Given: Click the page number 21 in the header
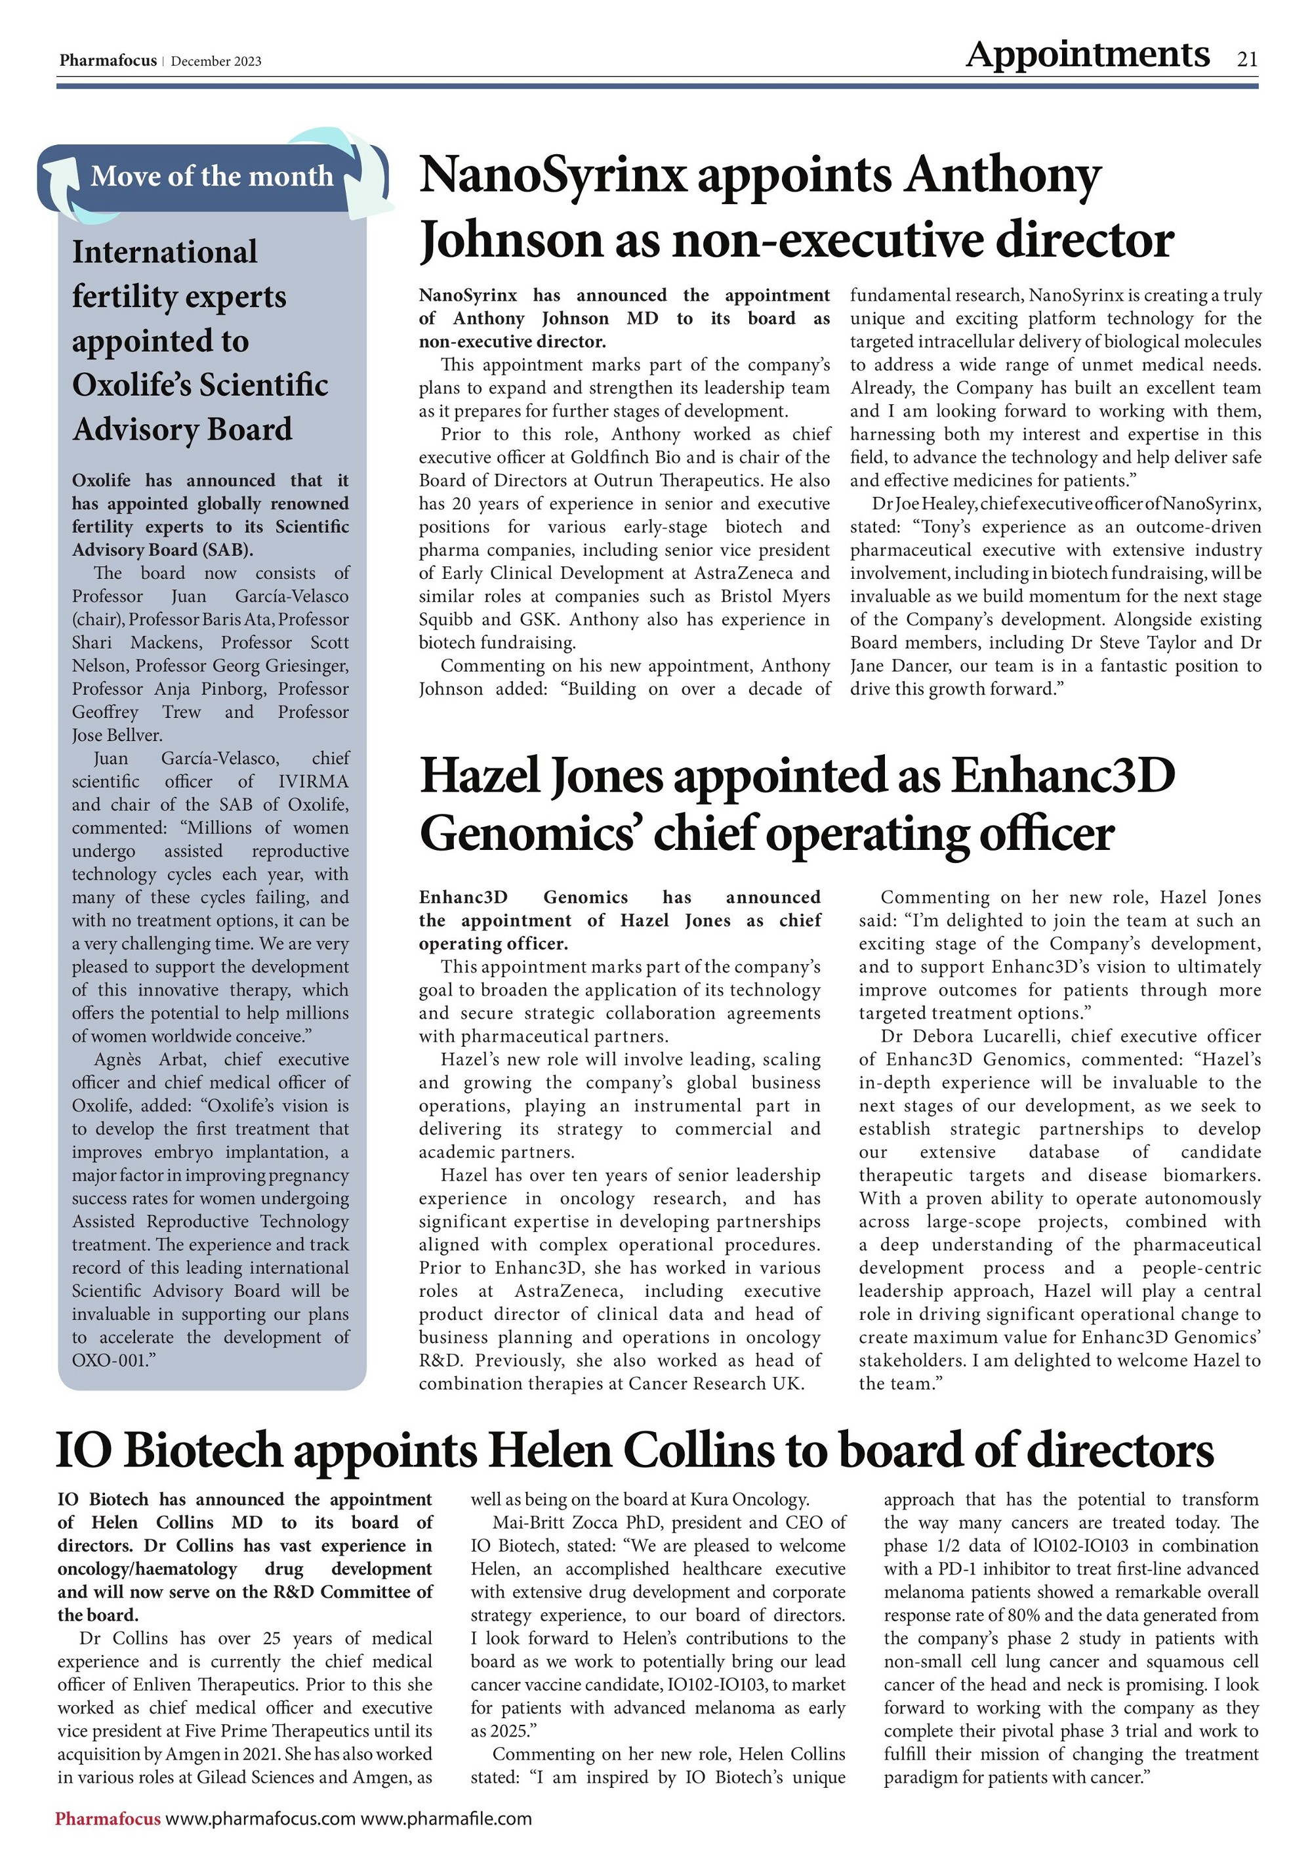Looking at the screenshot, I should pos(1246,59).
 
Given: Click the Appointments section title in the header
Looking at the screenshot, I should pos(1087,55).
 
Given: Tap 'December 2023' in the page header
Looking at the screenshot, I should pos(216,62).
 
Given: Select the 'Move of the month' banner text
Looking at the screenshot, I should pos(211,176).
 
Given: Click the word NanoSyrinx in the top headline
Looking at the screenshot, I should pos(552,175).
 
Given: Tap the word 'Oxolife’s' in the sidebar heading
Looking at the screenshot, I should pos(132,385).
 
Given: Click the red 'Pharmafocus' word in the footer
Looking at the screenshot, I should pos(108,1819).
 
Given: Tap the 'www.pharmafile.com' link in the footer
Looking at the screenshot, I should pos(445,1819).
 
